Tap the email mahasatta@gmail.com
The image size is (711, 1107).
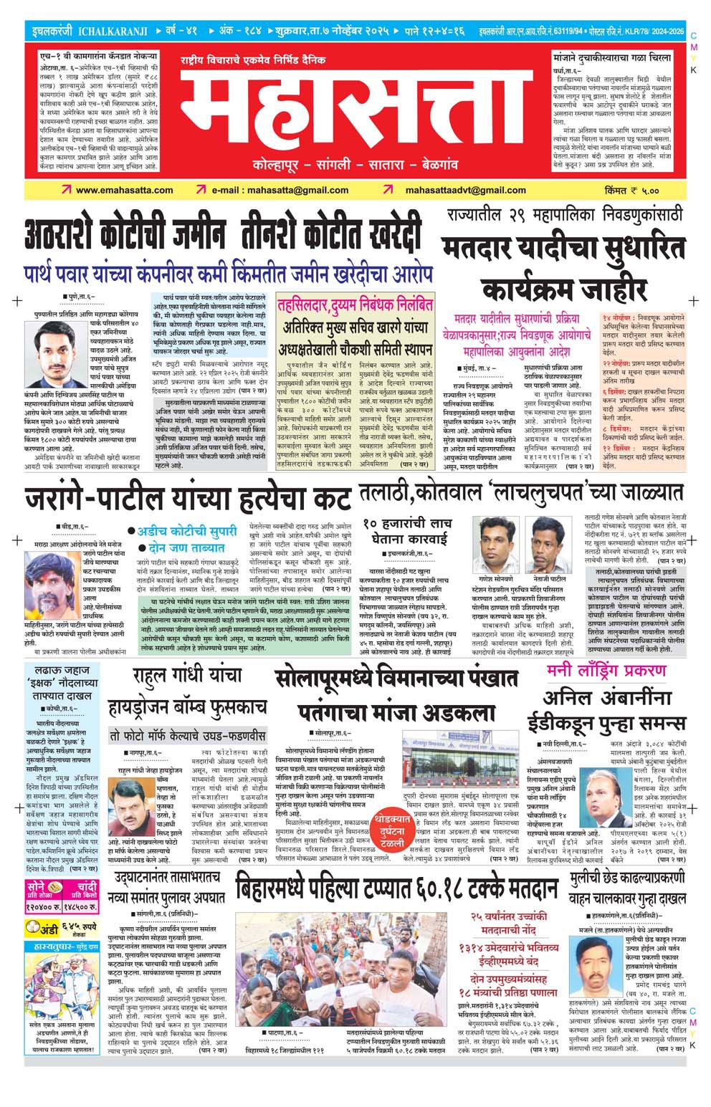(280, 190)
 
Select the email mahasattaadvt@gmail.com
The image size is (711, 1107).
(465, 190)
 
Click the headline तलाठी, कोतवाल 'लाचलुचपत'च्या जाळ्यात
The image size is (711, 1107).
(521, 492)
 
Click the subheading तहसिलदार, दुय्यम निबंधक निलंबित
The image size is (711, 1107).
(355, 305)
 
